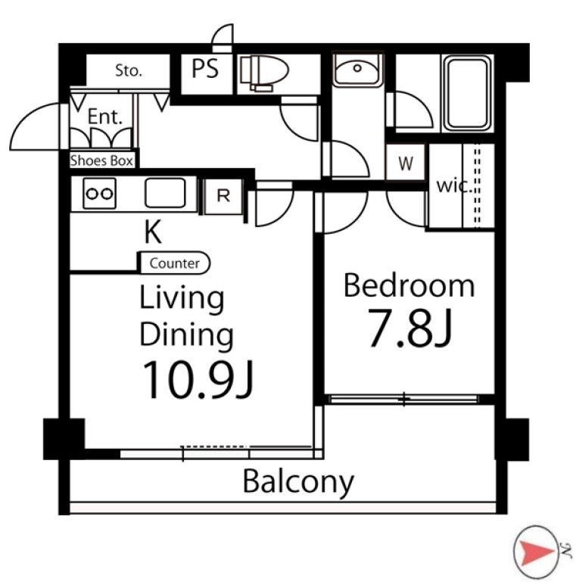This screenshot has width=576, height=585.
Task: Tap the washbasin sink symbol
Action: click(357, 70)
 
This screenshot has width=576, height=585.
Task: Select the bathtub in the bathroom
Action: click(468, 93)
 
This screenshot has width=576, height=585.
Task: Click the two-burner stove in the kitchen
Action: click(99, 193)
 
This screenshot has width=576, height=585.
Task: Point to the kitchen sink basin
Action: click(165, 193)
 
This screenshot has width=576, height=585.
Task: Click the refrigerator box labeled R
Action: click(223, 197)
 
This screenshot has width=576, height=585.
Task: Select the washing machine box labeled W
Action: click(406, 163)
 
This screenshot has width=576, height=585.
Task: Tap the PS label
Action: click(205, 69)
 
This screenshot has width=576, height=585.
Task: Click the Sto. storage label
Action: click(129, 70)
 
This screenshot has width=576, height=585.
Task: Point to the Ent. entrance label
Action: click(104, 117)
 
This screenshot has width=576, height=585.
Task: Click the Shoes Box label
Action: click(101, 160)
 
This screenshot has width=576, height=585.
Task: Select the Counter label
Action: click(175, 263)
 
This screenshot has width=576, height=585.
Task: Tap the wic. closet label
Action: click(454, 185)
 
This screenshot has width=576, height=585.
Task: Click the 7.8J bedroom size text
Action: click(410, 328)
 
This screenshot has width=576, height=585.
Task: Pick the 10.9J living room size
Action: click(198, 379)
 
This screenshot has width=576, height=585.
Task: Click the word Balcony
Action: click(298, 482)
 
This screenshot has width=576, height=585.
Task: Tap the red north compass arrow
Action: click(534, 552)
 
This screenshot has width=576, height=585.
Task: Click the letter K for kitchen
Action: click(153, 232)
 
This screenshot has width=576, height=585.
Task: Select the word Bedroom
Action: click(409, 285)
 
